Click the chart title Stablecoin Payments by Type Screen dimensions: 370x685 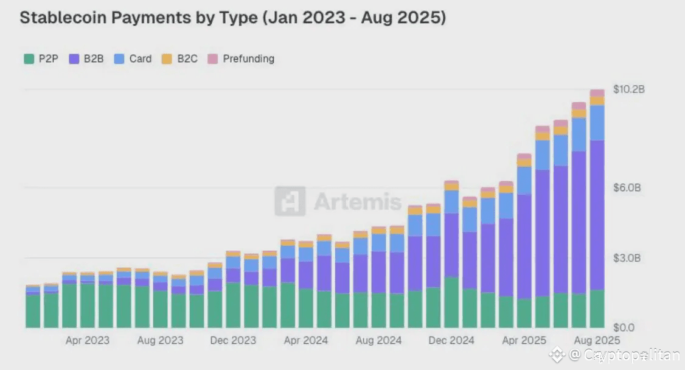pyautogui.click(x=232, y=18)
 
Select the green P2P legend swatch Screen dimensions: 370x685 pyautogui.click(x=29, y=59)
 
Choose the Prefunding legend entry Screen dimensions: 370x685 pyautogui.click(x=242, y=59)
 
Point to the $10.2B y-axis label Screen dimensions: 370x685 pyautogui.click(x=628, y=89)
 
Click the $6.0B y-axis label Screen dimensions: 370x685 pyautogui.click(x=627, y=187)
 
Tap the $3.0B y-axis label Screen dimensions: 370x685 pyautogui.click(x=627, y=258)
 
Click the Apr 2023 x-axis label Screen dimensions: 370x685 pyautogui.click(x=88, y=340)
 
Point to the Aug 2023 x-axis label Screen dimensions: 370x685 pyautogui.click(x=160, y=340)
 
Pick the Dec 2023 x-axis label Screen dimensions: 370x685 pyautogui.click(x=233, y=340)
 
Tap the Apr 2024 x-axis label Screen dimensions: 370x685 pyautogui.click(x=305, y=340)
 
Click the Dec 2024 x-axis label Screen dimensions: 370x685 pyautogui.click(x=451, y=340)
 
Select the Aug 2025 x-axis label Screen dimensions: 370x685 pyautogui.click(x=597, y=340)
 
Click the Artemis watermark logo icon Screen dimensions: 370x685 pyautogui.click(x=290, y=201)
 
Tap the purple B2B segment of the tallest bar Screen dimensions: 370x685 pyautogui.click(x=597, y=213)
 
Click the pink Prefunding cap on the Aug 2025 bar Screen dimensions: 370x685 pyautogui.click(x=597, y=93)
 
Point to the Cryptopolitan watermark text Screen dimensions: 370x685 pyautogui.click(x=624, y=355)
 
